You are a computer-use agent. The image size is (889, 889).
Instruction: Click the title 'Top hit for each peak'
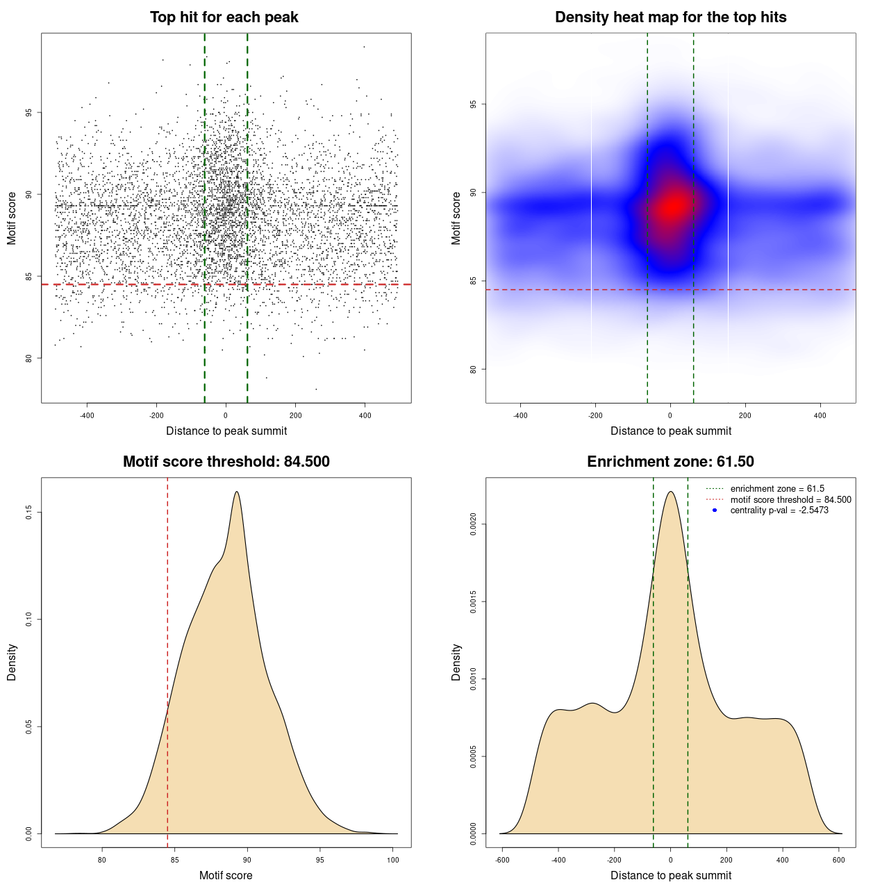pos(224,17)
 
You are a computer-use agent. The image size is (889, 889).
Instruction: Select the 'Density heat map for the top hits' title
pos(670,17)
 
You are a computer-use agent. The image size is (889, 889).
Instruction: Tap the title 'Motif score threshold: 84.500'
pos(226,462)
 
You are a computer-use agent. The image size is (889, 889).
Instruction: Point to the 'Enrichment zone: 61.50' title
pos(670,462)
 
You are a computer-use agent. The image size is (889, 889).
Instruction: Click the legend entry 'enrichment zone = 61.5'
pos(776,489)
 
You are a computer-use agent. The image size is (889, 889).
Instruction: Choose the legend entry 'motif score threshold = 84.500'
pos(790,499)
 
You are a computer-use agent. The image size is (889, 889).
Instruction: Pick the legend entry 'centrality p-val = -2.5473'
pos(779,510)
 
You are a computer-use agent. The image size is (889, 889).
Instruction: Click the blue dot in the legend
pos(715,510)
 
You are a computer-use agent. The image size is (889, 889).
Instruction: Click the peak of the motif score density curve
pos(237,492)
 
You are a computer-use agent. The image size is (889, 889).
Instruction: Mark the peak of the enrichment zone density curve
pos(670,492)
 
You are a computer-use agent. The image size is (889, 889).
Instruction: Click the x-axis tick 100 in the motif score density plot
pos(393,861)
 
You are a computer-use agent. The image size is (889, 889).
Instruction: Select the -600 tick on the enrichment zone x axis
pos(502,861)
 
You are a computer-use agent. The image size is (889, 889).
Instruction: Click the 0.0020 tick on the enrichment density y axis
pos(473,524)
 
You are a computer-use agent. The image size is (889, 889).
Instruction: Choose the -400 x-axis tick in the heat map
pos(520,416)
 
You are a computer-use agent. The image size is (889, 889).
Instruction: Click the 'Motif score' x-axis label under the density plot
pos(226,875)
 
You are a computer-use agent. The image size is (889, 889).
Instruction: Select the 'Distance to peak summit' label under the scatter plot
pos(226,431)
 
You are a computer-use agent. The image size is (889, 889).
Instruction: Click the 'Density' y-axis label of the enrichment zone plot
pos(456,662)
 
